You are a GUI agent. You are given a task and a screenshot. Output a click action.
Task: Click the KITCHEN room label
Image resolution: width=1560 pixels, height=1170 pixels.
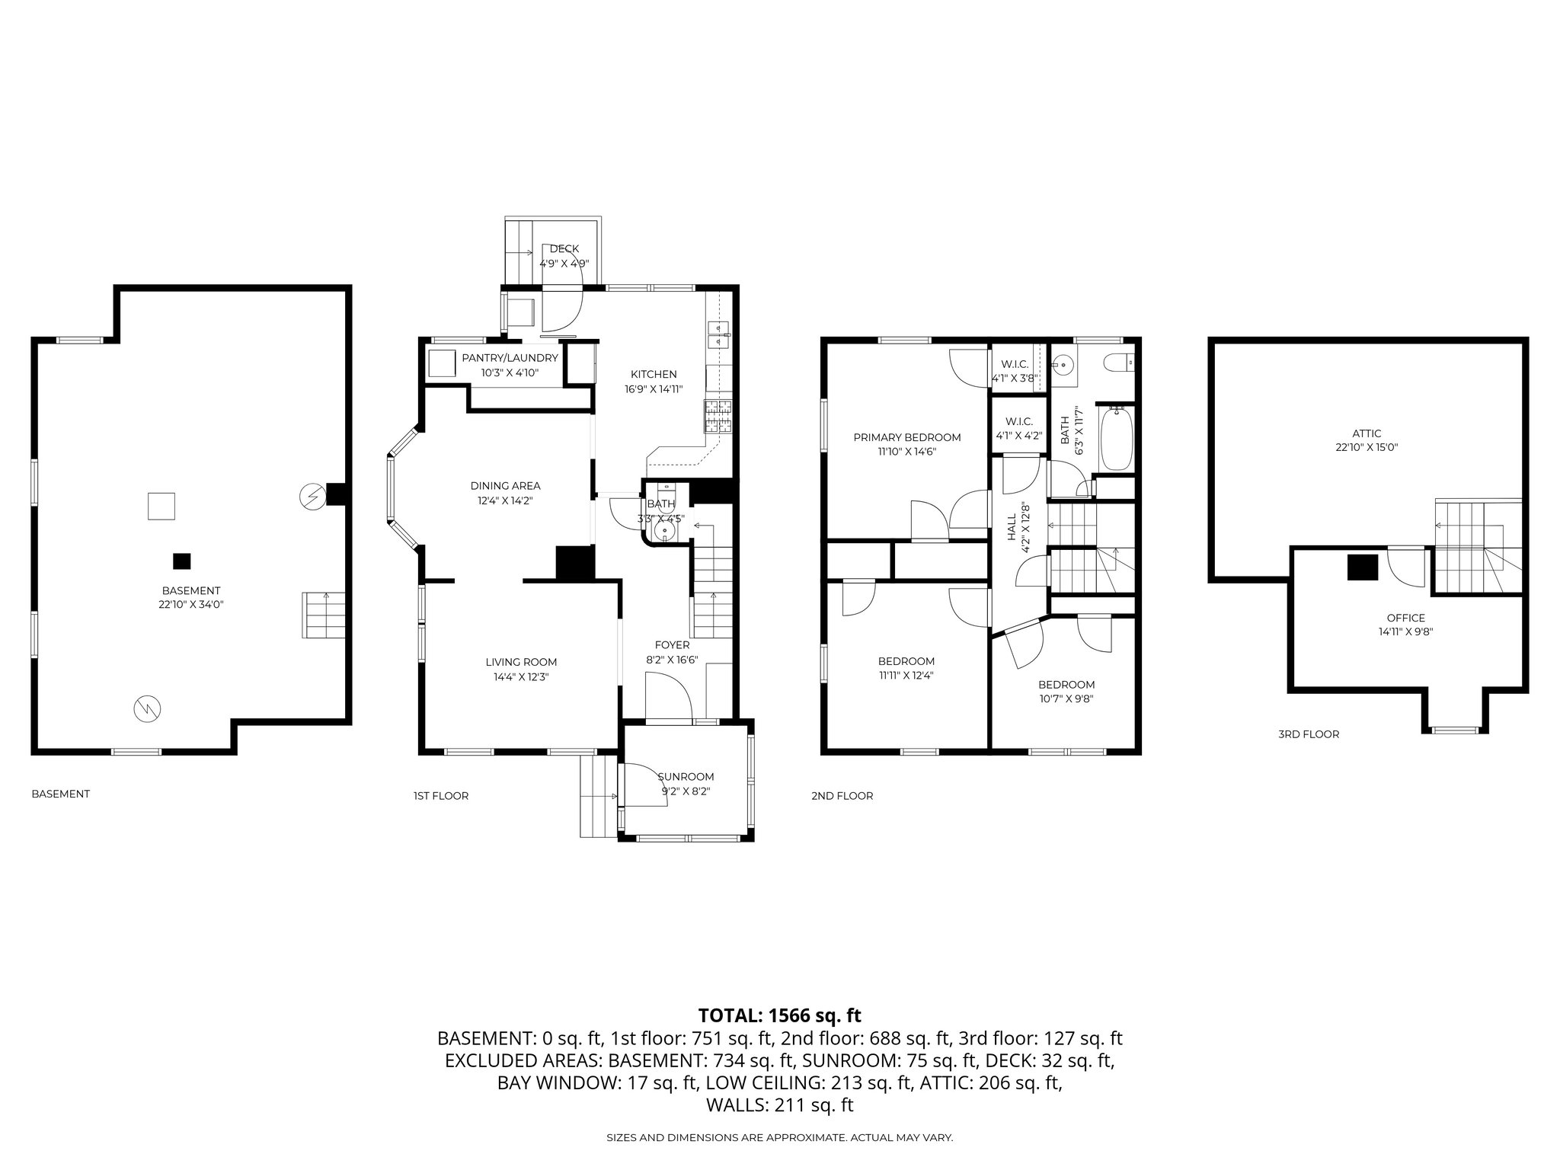(x=654, y=374)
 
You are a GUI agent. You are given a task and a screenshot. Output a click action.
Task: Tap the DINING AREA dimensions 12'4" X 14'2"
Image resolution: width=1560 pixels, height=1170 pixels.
(x=505, y=500)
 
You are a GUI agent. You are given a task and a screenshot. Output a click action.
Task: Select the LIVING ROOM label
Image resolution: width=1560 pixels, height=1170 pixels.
(x=521, y=662)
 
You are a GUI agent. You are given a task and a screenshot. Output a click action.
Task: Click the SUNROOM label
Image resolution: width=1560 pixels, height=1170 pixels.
(x=686, y=776)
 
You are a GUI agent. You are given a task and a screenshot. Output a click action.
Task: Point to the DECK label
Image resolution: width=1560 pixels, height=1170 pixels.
(x=564, y=248)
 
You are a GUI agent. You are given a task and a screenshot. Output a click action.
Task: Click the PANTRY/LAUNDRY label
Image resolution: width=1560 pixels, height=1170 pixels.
(x=510, y=358)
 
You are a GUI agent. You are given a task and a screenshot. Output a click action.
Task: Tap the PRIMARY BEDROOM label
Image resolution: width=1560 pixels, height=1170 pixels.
(x=906, y=437)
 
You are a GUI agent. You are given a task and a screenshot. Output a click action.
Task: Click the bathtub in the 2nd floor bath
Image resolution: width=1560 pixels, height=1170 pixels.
(x=1117, y=439)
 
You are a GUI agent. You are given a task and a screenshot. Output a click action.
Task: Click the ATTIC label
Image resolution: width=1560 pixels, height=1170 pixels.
(x=1368, y=433)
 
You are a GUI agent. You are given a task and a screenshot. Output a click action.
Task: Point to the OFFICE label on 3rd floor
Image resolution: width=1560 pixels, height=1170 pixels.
(x=1405, y=618)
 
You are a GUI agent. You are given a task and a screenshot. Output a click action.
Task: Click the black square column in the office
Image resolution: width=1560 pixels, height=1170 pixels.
(x=1362, y=567)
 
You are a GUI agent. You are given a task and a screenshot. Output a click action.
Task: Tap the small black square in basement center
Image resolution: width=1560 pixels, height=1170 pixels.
(x=181, y=561)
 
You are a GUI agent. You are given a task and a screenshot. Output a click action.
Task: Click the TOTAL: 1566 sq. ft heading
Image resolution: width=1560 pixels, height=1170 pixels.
(x=779, y=1015)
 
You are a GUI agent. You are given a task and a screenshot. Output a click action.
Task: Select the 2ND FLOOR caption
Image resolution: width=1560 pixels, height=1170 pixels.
(x=842, y=796)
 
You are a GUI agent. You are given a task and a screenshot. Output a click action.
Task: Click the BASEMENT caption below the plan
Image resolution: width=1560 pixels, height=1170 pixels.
(x=60, y=794)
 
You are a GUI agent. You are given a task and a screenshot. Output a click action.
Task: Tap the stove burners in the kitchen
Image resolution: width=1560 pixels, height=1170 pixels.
(x=718, y=416)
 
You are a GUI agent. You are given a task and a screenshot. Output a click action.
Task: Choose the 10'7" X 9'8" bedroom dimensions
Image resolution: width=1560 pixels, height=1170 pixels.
(x=1066, y=698)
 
